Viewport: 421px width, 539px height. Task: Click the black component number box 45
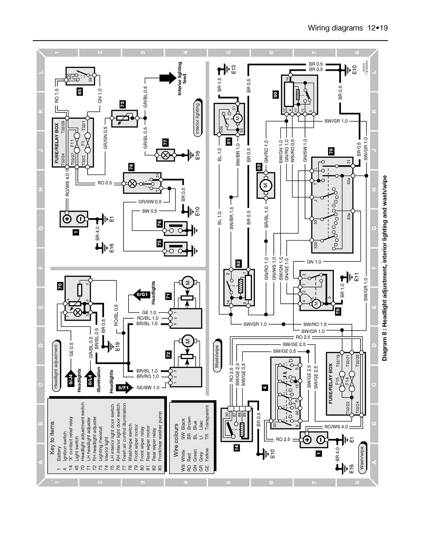click(x=79, y=92)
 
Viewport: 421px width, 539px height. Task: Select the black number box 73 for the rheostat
click(x=122, y=104)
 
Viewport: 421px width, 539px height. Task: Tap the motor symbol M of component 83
click(x=266, y=185)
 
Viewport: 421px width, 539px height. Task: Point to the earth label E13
click(x=233, y=70)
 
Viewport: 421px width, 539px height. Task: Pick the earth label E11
click(x=356, y=277)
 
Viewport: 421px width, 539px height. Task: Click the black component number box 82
click(x=239, y=263)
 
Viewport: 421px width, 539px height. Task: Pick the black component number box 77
click(x=165, y=142)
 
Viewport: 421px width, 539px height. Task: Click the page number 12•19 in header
click(x=377, y=28)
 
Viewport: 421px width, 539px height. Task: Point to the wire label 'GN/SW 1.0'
click(x=305, y=151)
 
